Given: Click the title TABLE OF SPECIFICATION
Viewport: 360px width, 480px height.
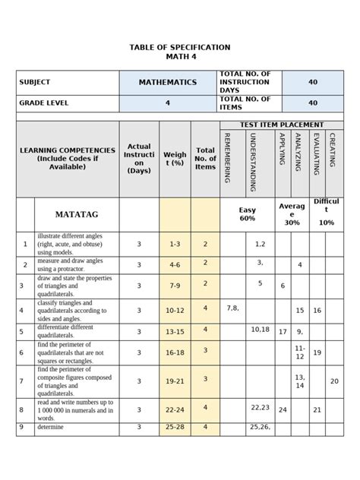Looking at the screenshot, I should (179, 47).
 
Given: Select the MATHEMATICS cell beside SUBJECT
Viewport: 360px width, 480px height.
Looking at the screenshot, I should (167, 82).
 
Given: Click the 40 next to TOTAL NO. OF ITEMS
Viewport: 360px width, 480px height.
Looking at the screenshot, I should (313, 103).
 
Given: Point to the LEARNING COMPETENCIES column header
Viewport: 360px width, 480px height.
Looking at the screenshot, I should (67, 159).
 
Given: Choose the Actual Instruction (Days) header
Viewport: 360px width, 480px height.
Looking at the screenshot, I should (139, 159).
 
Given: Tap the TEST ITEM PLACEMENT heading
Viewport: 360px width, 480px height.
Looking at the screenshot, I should (282, 125).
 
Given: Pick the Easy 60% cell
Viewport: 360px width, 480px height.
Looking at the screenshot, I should (248, 214).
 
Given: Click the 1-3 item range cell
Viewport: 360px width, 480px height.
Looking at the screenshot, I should (175, 244).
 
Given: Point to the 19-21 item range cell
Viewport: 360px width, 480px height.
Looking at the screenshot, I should (175, 381).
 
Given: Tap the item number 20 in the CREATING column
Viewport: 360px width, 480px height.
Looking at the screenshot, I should (334, 381).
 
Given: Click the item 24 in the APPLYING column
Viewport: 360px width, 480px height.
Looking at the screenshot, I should (283, 409).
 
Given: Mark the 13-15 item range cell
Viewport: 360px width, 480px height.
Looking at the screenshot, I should (175, 331).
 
